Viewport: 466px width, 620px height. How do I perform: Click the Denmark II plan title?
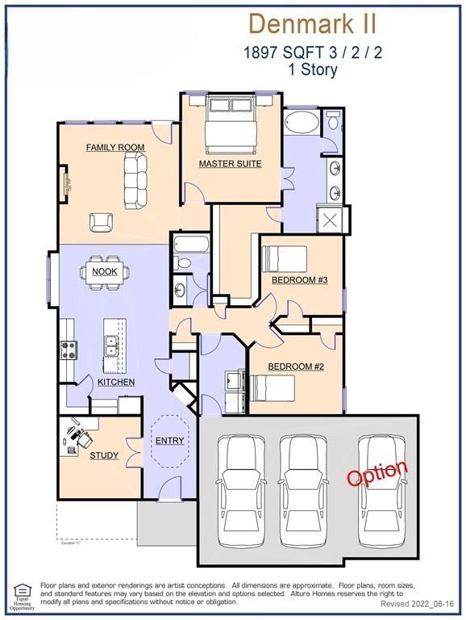point(313,24)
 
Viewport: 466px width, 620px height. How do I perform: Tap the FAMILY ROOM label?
point(115,148)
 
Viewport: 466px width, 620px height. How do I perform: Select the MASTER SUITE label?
point(231,164)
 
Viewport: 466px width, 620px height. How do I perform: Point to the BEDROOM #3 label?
point(298,280)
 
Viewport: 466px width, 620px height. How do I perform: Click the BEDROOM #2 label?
point(296,367)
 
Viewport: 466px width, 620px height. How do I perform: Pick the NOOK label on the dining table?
point(105,271)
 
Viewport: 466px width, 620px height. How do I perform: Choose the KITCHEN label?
point(116,382)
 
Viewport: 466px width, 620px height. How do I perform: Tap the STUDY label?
point(104,455)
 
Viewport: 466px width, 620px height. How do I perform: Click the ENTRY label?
point(170,441)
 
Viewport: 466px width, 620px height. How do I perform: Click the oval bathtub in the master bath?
point(302,124)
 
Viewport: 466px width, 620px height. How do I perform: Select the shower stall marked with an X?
point(331,219)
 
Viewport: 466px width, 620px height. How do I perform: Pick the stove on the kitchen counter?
point(69,350)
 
